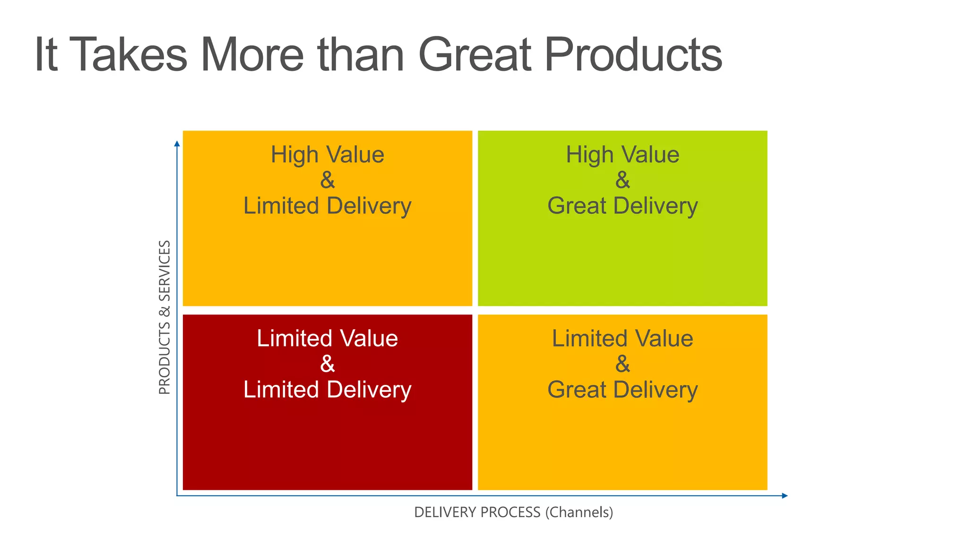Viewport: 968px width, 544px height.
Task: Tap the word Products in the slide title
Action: tap(633, 55)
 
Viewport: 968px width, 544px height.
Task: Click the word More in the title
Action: tap(252, 55)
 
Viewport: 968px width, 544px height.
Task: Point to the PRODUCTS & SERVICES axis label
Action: tap(164, 317)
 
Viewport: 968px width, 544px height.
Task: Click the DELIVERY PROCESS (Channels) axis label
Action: tap(513, 512)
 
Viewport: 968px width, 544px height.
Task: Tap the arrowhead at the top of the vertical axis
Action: tap(177, 144)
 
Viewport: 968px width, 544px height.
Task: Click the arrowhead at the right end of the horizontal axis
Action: tap(785, 496)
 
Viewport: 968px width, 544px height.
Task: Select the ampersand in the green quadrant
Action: tap(622, 180)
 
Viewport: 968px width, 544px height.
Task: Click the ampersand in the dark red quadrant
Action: tap(327, 364)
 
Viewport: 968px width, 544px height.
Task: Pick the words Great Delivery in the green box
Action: tap(622, 206)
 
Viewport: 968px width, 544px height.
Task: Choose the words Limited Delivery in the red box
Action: tap(327, 390)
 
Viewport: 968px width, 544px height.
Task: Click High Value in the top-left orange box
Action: tap(327, 155)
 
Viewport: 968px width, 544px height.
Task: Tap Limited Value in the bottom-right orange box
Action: tap(622, 339)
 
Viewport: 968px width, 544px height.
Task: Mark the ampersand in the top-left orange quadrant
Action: tap(327, 180)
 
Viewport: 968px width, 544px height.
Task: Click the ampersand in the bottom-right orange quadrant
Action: tap(622, 364)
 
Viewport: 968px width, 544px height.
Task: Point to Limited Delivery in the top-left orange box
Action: tap(327, 206)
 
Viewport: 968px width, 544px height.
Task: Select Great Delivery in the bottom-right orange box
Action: tap(622, 390)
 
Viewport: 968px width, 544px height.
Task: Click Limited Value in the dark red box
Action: tap(327, 339)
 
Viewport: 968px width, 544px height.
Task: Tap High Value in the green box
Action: tap(622, 155)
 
